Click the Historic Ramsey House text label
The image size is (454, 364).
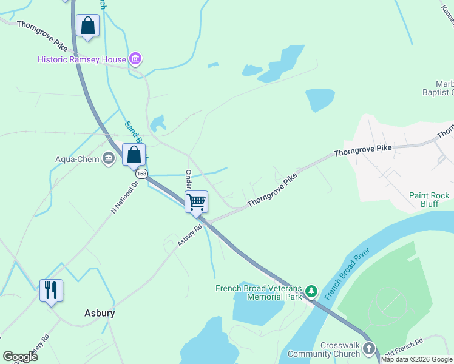(82, 59)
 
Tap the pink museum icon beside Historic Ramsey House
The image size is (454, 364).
(135, 59)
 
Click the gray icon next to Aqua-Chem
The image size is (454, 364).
(109, 159)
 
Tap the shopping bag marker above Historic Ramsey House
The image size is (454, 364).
(88, 27)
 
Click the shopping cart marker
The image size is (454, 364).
(197, 201)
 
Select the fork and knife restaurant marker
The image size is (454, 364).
(51, 290)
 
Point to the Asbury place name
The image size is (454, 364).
(99, 314)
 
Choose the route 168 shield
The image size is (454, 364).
(141, 174)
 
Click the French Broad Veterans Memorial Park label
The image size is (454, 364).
(259, 292)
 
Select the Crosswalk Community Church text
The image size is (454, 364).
(324, 350)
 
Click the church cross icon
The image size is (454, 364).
(369, 349)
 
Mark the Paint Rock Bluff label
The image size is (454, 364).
(429, 200)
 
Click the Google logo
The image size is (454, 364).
(20, 357)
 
